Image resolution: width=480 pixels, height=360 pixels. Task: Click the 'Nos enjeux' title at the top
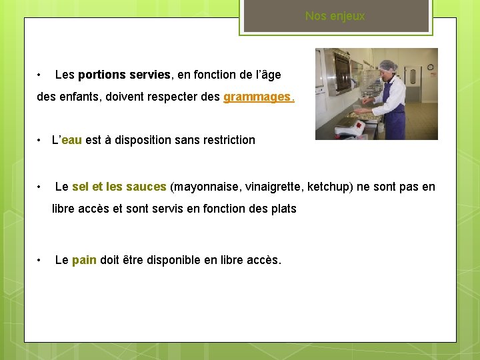coord(335,16)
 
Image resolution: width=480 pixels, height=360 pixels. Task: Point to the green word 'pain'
coord(84,260)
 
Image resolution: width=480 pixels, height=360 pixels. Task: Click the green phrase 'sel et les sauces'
coord(119,187)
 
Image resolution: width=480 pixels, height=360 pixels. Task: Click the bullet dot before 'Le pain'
coord(41,260)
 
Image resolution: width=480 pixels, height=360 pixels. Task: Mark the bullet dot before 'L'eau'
coord(41,140)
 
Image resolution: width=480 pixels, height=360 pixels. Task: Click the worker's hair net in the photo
coord(387,65)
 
